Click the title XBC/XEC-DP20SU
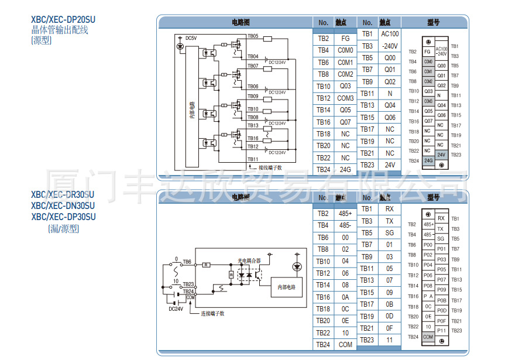63,19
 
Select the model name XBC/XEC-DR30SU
63,195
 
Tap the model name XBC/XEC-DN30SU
63,205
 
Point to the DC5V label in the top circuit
191,38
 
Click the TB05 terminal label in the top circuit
253,36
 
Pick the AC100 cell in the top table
390,34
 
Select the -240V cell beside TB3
390,46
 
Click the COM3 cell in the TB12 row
345,98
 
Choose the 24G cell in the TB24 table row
345,170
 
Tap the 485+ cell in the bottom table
345,214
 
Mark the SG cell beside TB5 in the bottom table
390,233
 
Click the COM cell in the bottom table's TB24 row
345,345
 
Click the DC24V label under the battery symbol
176,309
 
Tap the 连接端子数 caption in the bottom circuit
213,314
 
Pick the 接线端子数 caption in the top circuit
270,167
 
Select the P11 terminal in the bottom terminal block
441,331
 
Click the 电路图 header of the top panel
240,22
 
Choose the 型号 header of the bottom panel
433,198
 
